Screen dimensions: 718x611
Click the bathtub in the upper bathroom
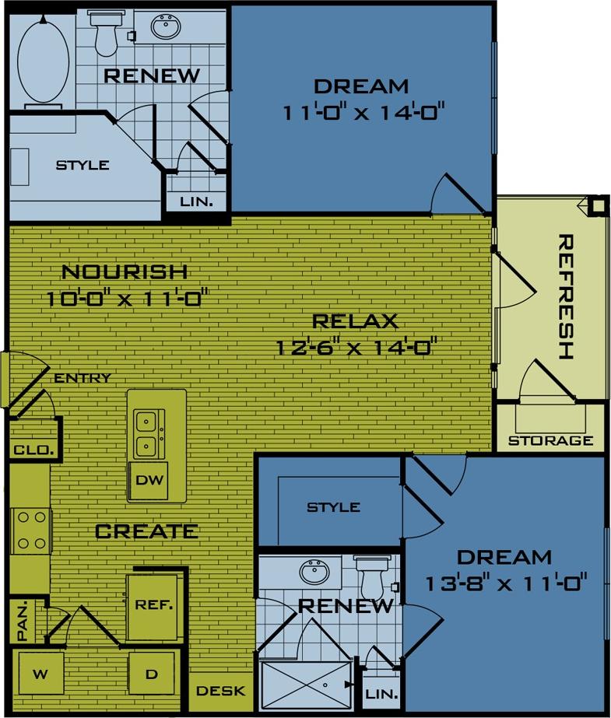pos(44,58)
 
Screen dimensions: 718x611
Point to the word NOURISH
pos(125,272)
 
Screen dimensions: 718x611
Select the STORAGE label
pos(551,440)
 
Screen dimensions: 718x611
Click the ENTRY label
pos(83,378)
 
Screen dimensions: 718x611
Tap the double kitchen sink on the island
pos(146,434)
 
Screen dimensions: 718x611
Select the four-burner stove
pos(31,530)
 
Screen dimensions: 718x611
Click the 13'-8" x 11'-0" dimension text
pos(505,580)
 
